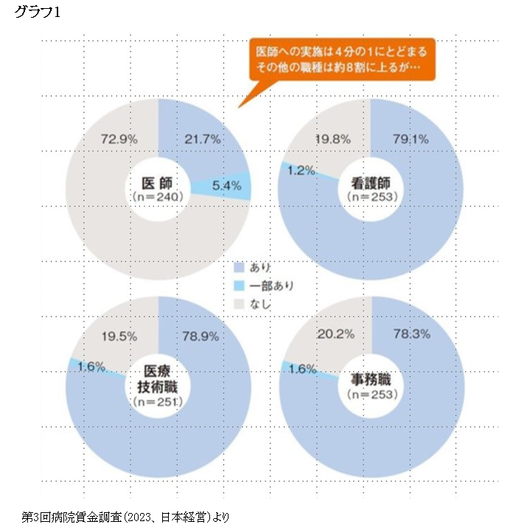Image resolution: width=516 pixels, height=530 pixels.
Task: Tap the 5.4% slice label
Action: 226,186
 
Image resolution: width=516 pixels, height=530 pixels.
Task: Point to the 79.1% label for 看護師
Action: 411,139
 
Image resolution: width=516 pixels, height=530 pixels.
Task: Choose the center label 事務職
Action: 372,381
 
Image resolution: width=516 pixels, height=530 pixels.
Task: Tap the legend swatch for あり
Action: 238,266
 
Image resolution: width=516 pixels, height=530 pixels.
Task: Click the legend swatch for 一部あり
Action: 238,285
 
